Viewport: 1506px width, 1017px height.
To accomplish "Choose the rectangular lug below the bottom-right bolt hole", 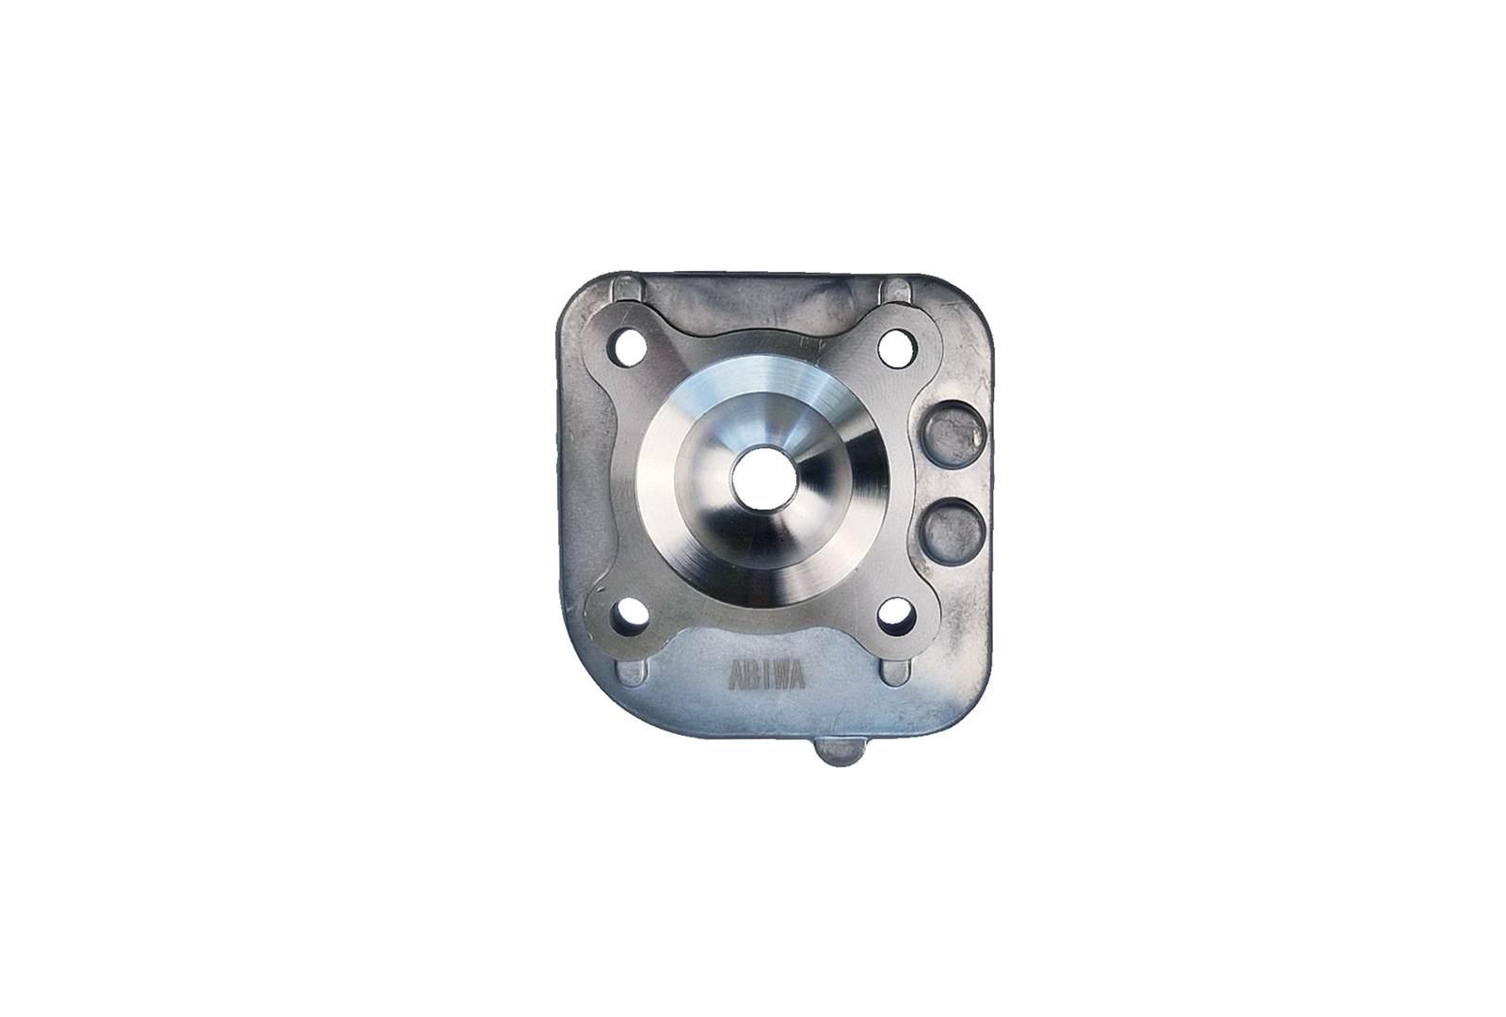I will coord(890,675).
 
